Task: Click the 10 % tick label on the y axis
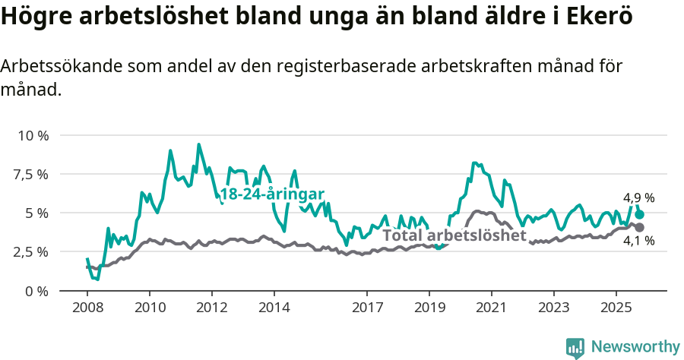pyautogui.click(x=32, y=135)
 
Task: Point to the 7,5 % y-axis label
pyautogui.click(x=31, y=174)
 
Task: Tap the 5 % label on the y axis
pyautogui.click(x=37, y=213)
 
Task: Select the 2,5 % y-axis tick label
pyautogui.click(x=31, y=251)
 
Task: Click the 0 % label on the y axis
pyautogui.click(x=37, y=291)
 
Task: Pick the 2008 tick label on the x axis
pyautogui.click(x=87, y=309)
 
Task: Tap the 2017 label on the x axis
pyautogui.click(x=366, y=309)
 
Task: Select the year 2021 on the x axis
pyautogui.click(x=491, y=309)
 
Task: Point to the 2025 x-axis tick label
pyautogui.click(x=615, y=309)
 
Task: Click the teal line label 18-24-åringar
pyautogui.click(x=272, y=194)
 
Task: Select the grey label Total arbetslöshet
pyautogui.click(x=454, y=235)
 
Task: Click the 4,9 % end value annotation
pyautogui.click(x=638, y=198)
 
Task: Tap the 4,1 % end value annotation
pyautogui.click(x=638, y=241)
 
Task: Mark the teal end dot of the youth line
pyautogui.click(x=639, y=214)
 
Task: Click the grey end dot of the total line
pyautogui.click(x=639, y=227)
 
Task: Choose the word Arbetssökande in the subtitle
pyautogui.click(x=52, y=66)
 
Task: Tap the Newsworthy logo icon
pyautogui.click(x=575, y=347)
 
